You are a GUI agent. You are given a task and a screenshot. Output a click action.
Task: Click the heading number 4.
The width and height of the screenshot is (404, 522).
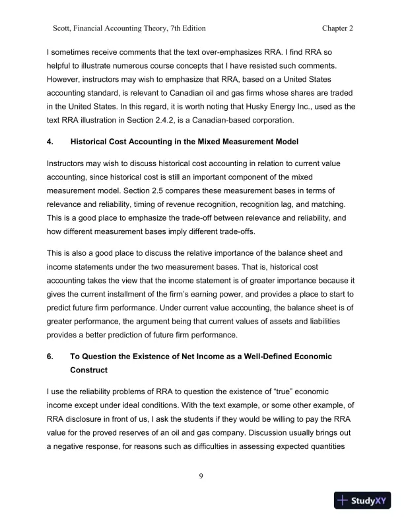pyautogui.click(x=50, y=142)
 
